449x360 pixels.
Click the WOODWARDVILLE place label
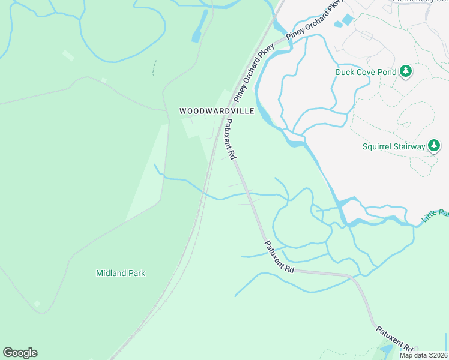217,111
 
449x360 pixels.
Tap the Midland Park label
121,273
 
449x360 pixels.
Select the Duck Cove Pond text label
366,72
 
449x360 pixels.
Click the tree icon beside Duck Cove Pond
406,71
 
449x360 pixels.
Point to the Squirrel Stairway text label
393,146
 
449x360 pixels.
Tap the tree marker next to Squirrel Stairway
434,145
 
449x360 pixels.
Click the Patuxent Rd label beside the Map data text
396,339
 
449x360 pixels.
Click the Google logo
20,353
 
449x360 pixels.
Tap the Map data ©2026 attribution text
423,355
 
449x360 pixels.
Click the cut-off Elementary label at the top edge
420,1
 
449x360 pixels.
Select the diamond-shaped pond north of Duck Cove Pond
347,20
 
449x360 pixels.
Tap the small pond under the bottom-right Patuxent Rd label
386,349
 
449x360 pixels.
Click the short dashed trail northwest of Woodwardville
154,68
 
